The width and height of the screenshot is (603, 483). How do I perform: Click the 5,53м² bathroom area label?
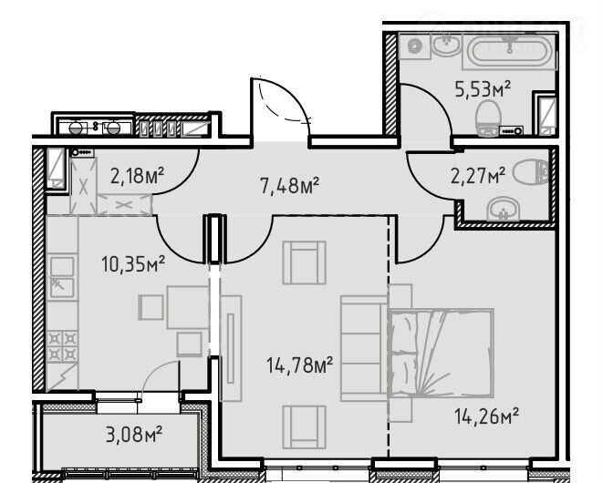(x=483, y=89)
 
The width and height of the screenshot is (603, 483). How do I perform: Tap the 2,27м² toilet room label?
(x=478, y=177)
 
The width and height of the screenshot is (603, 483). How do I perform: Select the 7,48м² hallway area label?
(x=290, y=186)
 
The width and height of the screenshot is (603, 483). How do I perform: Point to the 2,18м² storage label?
(x=137, y=176)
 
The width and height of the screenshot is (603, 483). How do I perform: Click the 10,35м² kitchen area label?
(x=133, y=264)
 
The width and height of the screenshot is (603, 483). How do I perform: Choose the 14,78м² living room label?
(x=299, y=365)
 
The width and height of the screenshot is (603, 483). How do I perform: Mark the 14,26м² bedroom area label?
(x=486, y=416)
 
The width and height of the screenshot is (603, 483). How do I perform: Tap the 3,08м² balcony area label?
(x=134, y=435)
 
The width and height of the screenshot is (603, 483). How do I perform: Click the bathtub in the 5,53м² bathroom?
(x=510, y=52)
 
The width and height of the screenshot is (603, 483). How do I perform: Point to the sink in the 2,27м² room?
(x=503, y=209)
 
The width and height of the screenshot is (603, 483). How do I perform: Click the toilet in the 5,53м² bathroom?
(x=488, y=118)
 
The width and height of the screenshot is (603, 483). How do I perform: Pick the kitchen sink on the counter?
(x=62, y=277)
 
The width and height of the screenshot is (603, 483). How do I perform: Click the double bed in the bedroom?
(x=442, y=353)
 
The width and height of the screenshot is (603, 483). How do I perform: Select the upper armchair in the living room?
(x=304, y=262)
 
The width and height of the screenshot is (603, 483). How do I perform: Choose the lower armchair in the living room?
(x=304, y=426)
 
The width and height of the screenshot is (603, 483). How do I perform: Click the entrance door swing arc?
(x=289, y=98)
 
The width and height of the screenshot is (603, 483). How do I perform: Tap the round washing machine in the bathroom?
(x=414, y=46)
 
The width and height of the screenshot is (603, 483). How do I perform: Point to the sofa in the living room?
(x=365, y=348)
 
